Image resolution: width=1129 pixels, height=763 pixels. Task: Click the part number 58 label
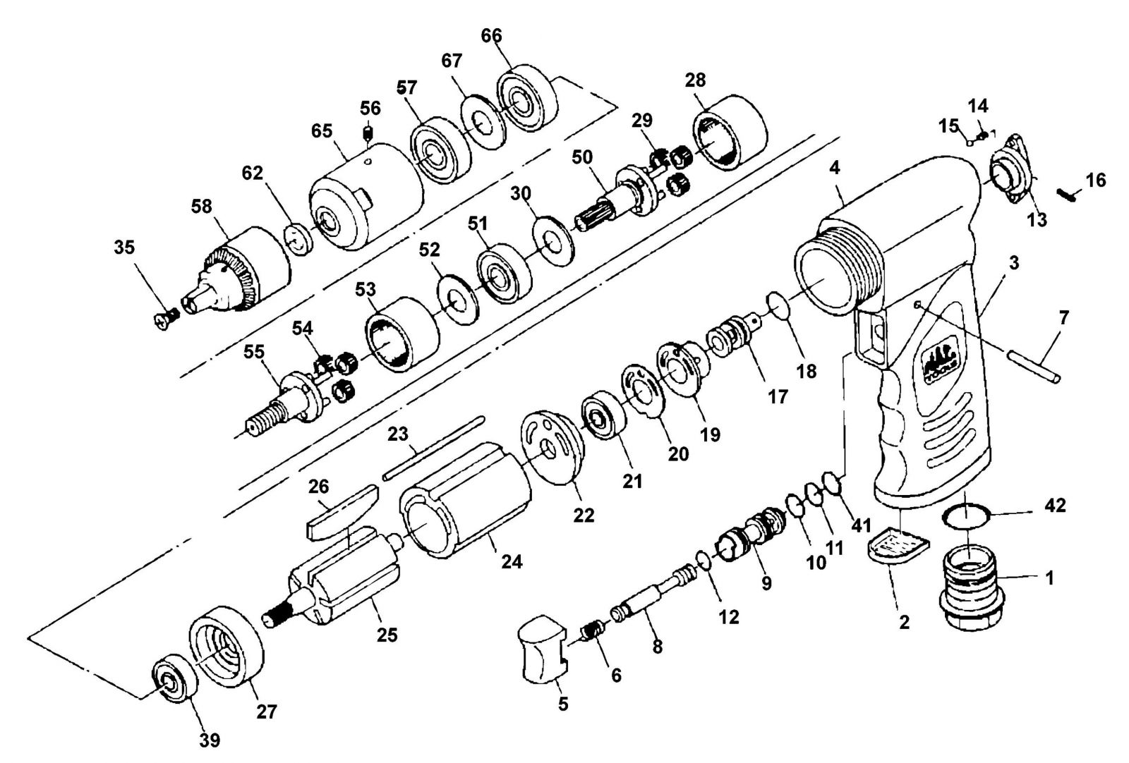click(202, 207)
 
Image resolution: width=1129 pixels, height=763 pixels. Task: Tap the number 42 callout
click(1056, 505)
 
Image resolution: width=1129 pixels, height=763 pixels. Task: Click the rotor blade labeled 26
click(342, 512)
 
